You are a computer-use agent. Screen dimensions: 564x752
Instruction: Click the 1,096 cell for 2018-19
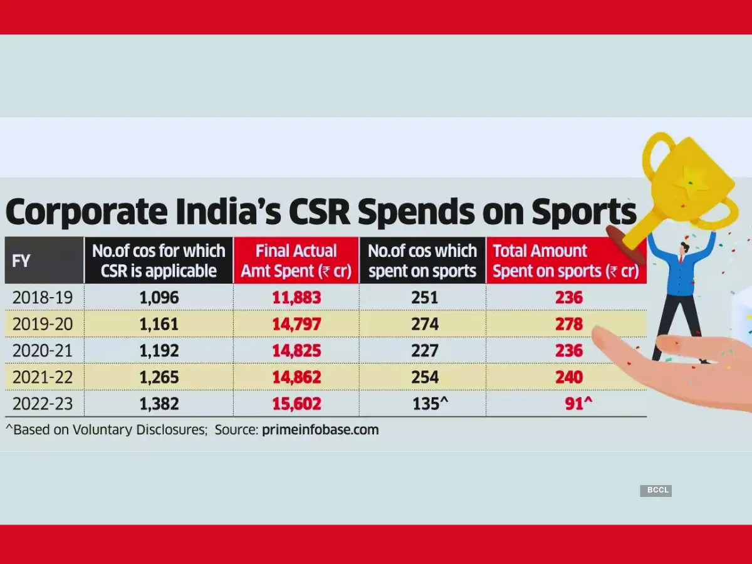[159, 298]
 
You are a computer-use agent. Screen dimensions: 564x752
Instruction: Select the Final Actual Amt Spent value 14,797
[296, 325]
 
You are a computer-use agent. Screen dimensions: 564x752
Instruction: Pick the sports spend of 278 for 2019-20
[568, 325]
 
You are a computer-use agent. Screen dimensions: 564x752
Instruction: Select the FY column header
[21, 261]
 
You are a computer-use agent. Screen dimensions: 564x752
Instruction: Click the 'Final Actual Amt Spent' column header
[296, 261]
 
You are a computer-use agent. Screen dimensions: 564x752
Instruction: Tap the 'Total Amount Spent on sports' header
[565, 261]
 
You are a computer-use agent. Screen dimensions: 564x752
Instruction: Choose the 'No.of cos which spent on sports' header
[422, 261]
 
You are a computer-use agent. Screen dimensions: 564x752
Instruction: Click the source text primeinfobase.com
[321, 431]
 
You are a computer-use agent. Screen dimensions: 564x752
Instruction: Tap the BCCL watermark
[655, 491]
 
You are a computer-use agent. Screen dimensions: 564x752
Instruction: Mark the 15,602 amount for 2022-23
[296, 404]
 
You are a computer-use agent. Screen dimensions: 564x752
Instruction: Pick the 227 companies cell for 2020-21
[425, 351]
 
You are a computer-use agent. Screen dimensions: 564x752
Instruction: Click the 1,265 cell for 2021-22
[159, 377]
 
